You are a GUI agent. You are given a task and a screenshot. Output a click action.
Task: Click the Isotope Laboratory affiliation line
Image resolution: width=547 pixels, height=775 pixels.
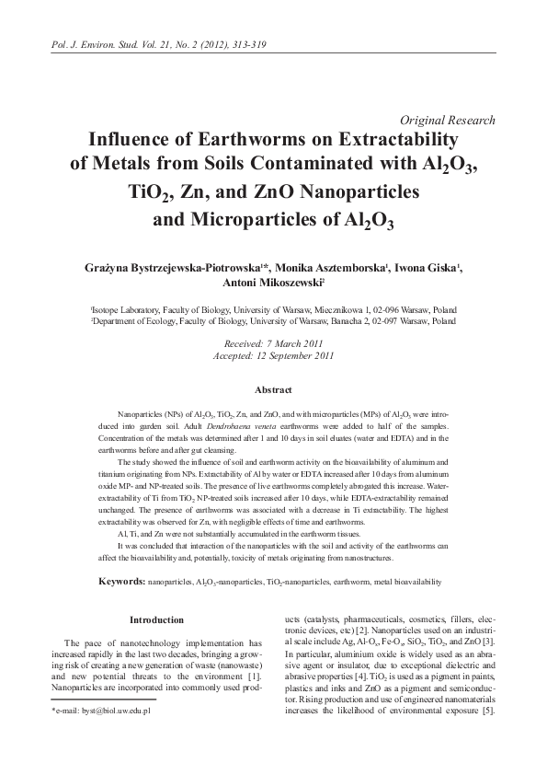(273, 311)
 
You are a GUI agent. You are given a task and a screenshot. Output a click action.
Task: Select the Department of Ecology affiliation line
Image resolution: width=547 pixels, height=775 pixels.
(273, 323)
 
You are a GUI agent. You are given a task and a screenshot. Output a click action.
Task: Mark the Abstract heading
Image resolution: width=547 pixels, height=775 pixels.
(273, 390)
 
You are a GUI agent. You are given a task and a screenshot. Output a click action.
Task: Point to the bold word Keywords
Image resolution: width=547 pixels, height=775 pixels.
(121, 582)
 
